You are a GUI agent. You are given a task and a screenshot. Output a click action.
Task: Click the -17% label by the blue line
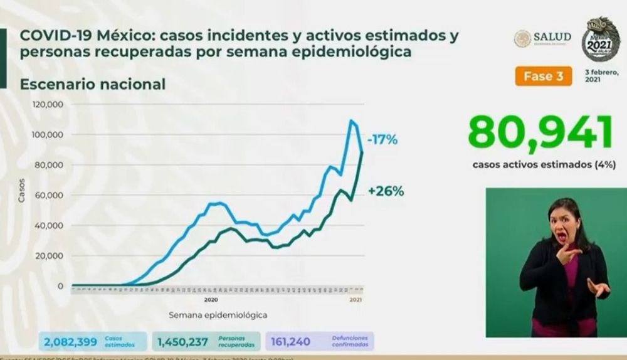(x=382, y=139)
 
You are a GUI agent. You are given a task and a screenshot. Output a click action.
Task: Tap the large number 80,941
(x=539, y=133)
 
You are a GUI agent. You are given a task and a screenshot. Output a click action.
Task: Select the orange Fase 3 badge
(x=544, y=76)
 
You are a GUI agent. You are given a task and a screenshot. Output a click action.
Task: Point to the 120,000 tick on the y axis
(x=46, y=105)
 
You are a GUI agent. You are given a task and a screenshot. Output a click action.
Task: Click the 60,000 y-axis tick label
(x=48, y=195)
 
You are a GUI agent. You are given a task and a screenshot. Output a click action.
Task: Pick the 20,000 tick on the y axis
(x=48, y=256)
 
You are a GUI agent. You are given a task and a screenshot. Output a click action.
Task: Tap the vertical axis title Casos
(x=22, y=190)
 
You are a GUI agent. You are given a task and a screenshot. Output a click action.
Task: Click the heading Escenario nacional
(x=93, y=83)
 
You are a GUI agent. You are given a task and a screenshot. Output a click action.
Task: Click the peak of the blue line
(x=352, y=120)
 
